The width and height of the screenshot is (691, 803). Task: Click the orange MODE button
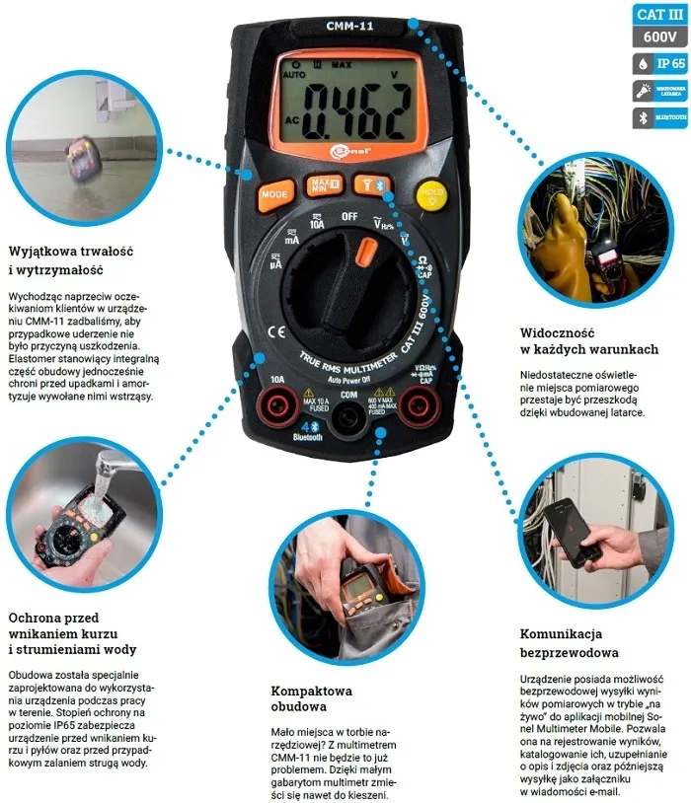click(x=273, y=194)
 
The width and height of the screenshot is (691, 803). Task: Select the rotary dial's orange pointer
click(x=365, y=253)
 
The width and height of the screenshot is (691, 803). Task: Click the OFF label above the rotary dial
click(x=348, y=216)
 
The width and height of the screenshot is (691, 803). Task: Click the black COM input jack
click(x=347, y=422)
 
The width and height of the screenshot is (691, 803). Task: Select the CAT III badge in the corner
click(x=659, y=14)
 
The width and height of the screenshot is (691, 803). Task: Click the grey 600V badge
click(x=659, y=37)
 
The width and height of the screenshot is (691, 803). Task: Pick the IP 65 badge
click(x=659, y=63)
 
